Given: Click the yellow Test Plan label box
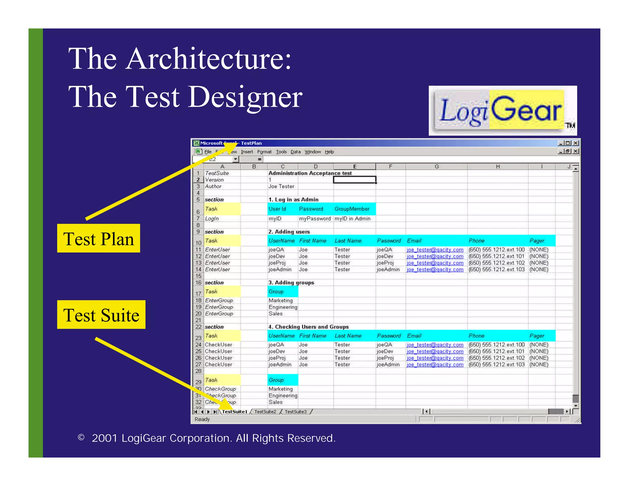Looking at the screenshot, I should tap(99, 238).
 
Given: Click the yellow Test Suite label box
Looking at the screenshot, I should tap(101, 315).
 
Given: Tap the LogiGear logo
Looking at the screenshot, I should tap(502, 111).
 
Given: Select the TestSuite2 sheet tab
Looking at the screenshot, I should tap(265, 412).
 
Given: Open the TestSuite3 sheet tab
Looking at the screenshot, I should tap(295, 412).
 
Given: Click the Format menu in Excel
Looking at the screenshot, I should tap(264, 152).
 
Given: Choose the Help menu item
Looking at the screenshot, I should tap(329, 152).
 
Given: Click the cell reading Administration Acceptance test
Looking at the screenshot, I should tap(310, 173).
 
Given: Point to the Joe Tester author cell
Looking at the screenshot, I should tap(281, 186).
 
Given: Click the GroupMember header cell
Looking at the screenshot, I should tap(352, 209).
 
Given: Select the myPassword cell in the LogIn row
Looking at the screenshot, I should tap(315, 219).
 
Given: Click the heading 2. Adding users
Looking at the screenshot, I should tap(289, 232).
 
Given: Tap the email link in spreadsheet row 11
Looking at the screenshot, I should tap(435, 250).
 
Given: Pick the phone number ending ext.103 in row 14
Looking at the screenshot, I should tap(497, 269).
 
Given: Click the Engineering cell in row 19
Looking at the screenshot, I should tap(283, 307).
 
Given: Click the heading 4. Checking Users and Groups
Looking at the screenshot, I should tap(308, 327).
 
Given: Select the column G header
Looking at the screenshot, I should tap(436, 167).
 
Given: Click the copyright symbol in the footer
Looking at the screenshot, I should tap(81, 437).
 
